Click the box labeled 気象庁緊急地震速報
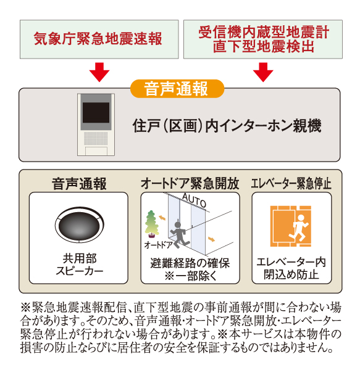(97, 39)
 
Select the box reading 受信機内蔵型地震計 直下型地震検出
(263, 39)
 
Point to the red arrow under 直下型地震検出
(263, 72)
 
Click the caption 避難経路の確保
(190, 263)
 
